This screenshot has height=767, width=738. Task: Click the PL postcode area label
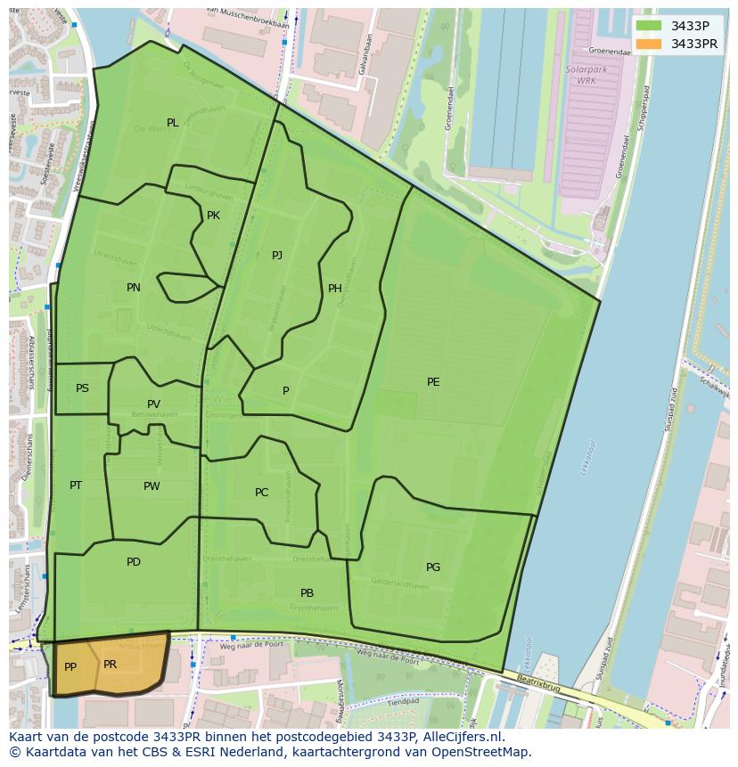172,123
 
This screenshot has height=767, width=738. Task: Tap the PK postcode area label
213,216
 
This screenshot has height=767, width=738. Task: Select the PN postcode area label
134,288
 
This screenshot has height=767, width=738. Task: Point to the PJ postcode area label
277,256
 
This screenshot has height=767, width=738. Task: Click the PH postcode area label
335,289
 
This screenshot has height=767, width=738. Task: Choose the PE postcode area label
433,382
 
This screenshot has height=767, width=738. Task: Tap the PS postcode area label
82,388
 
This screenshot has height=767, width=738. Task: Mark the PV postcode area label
154,404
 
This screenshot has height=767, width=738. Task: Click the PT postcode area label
76,485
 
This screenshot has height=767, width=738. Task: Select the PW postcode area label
152,486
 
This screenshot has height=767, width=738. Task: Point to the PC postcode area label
261,493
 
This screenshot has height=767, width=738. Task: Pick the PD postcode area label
134,562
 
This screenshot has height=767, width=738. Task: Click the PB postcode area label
307,593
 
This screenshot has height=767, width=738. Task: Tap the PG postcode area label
433,567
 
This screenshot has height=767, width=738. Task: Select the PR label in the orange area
111,665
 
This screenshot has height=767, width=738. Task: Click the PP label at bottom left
70,667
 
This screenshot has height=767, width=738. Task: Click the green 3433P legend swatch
649,26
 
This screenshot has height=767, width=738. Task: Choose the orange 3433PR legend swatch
649,44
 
